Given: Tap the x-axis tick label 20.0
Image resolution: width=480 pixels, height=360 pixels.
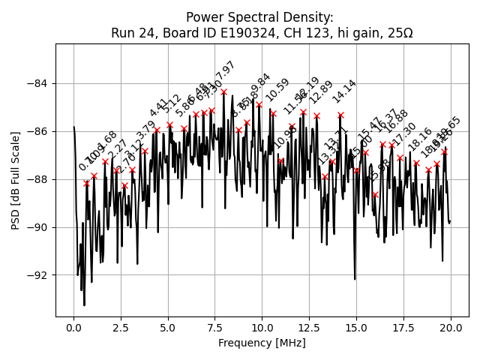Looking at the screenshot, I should (450, 328).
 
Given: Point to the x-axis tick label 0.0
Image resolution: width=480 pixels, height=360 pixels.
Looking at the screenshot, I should (73, 328).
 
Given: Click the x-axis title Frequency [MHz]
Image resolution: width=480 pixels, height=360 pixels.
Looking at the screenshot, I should (262, 343).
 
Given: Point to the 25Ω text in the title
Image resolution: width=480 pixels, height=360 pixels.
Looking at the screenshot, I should (398, 33).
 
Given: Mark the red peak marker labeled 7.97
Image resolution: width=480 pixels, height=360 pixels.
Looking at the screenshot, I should (223, 92).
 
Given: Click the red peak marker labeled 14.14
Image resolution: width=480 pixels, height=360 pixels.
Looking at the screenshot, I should (340, 115).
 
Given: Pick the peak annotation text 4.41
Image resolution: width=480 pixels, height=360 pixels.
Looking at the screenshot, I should (159, 108).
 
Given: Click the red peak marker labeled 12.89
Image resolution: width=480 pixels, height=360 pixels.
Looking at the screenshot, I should (316, 115).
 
